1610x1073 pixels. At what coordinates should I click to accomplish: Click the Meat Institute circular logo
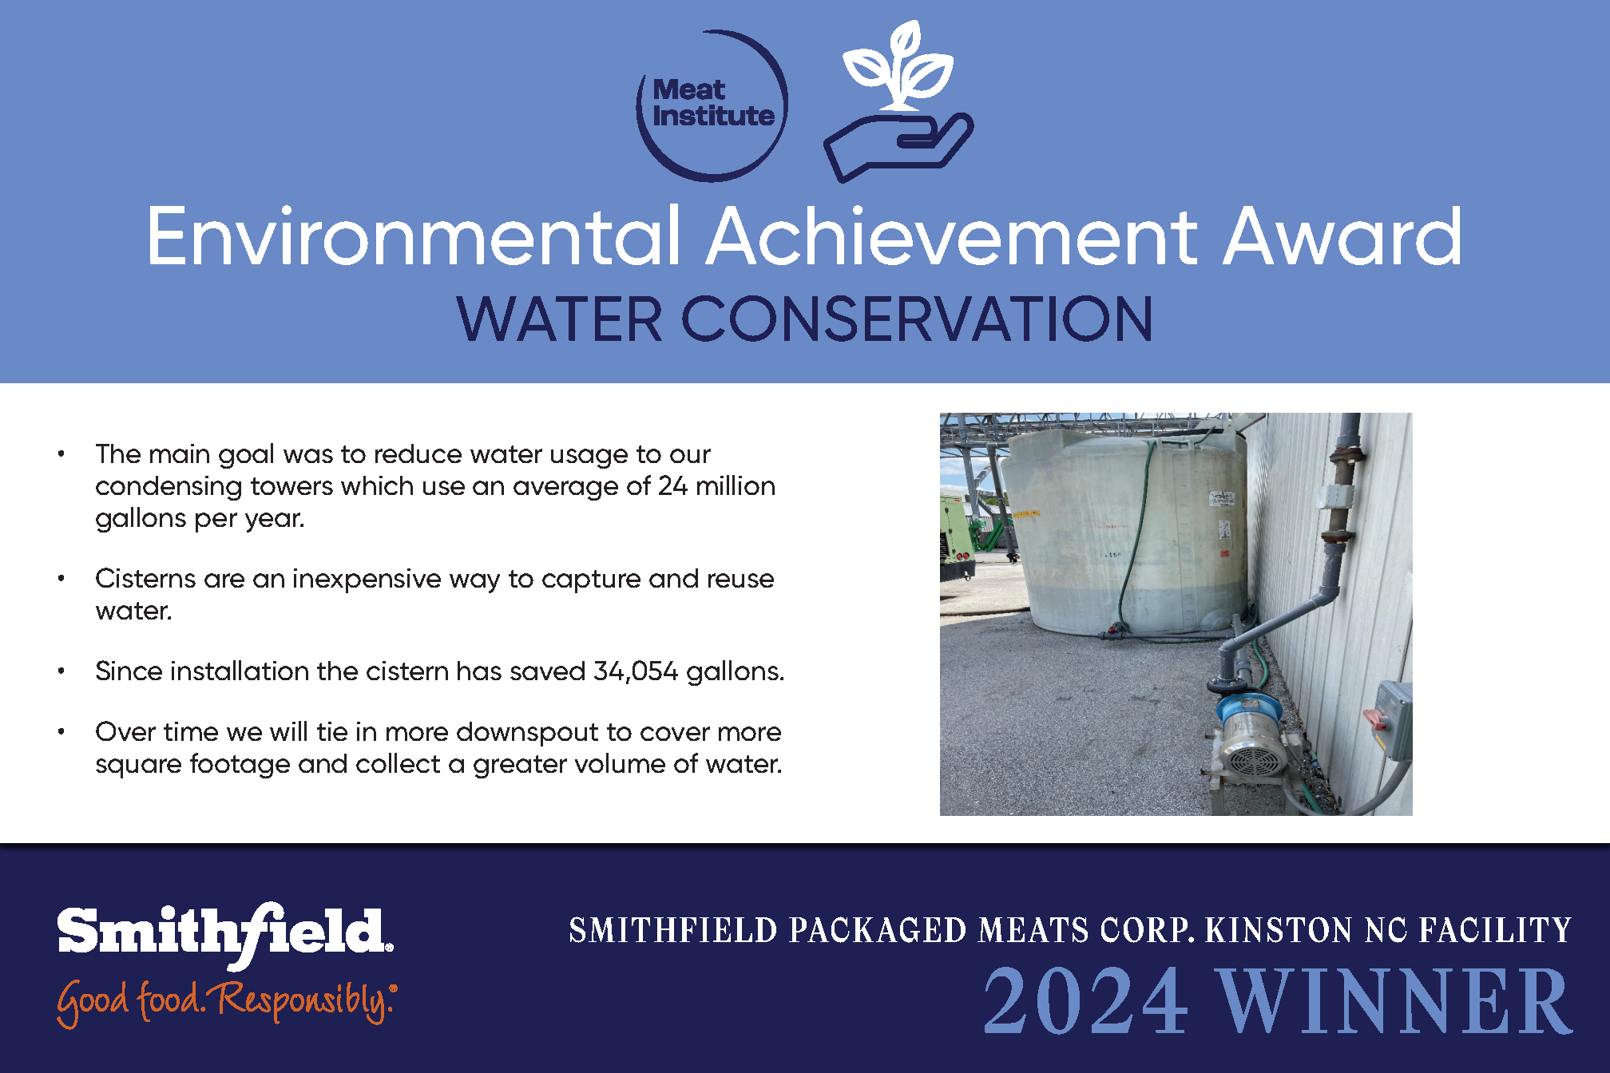point(712,106)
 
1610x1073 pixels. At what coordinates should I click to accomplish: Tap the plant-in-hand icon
point(899,101)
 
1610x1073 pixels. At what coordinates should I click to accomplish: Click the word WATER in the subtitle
point(559,319)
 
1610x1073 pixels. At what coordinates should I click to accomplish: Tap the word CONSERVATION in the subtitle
point(917,319)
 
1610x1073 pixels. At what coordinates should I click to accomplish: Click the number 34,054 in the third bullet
point(635,671)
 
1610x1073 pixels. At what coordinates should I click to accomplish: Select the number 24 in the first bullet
point(672,486)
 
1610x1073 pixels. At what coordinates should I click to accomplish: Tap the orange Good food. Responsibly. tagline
point(227,1001)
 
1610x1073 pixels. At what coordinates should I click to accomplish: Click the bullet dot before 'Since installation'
point(61,671)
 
